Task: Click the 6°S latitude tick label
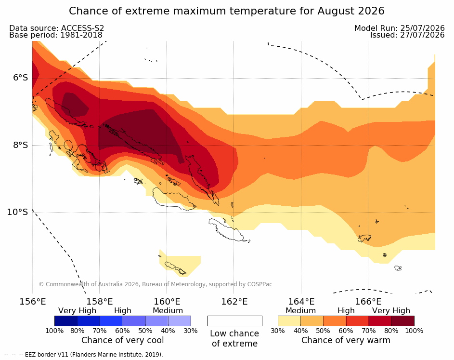point(21,78)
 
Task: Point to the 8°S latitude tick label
point(21,145)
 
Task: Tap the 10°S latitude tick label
point(18,212)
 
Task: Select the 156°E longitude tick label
point(33,302)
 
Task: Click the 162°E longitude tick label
point(234,302)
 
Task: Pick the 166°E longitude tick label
point(368,302)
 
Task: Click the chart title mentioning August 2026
point(227,11)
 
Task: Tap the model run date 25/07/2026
point(422,28)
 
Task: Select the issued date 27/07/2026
point(422,35)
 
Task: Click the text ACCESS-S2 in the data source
point(82,28)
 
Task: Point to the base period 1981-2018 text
point(81,35)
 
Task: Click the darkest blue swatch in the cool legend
point(66,321)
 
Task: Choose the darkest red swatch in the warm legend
point(403,321)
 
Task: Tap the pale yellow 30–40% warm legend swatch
point(289,321)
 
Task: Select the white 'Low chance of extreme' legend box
point(235,321)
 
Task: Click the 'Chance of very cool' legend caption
point(122,340)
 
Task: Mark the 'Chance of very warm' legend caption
point(346,340)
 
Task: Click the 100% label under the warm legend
point(414,331)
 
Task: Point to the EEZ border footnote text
point(84,355)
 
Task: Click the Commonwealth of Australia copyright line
point(156,284)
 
